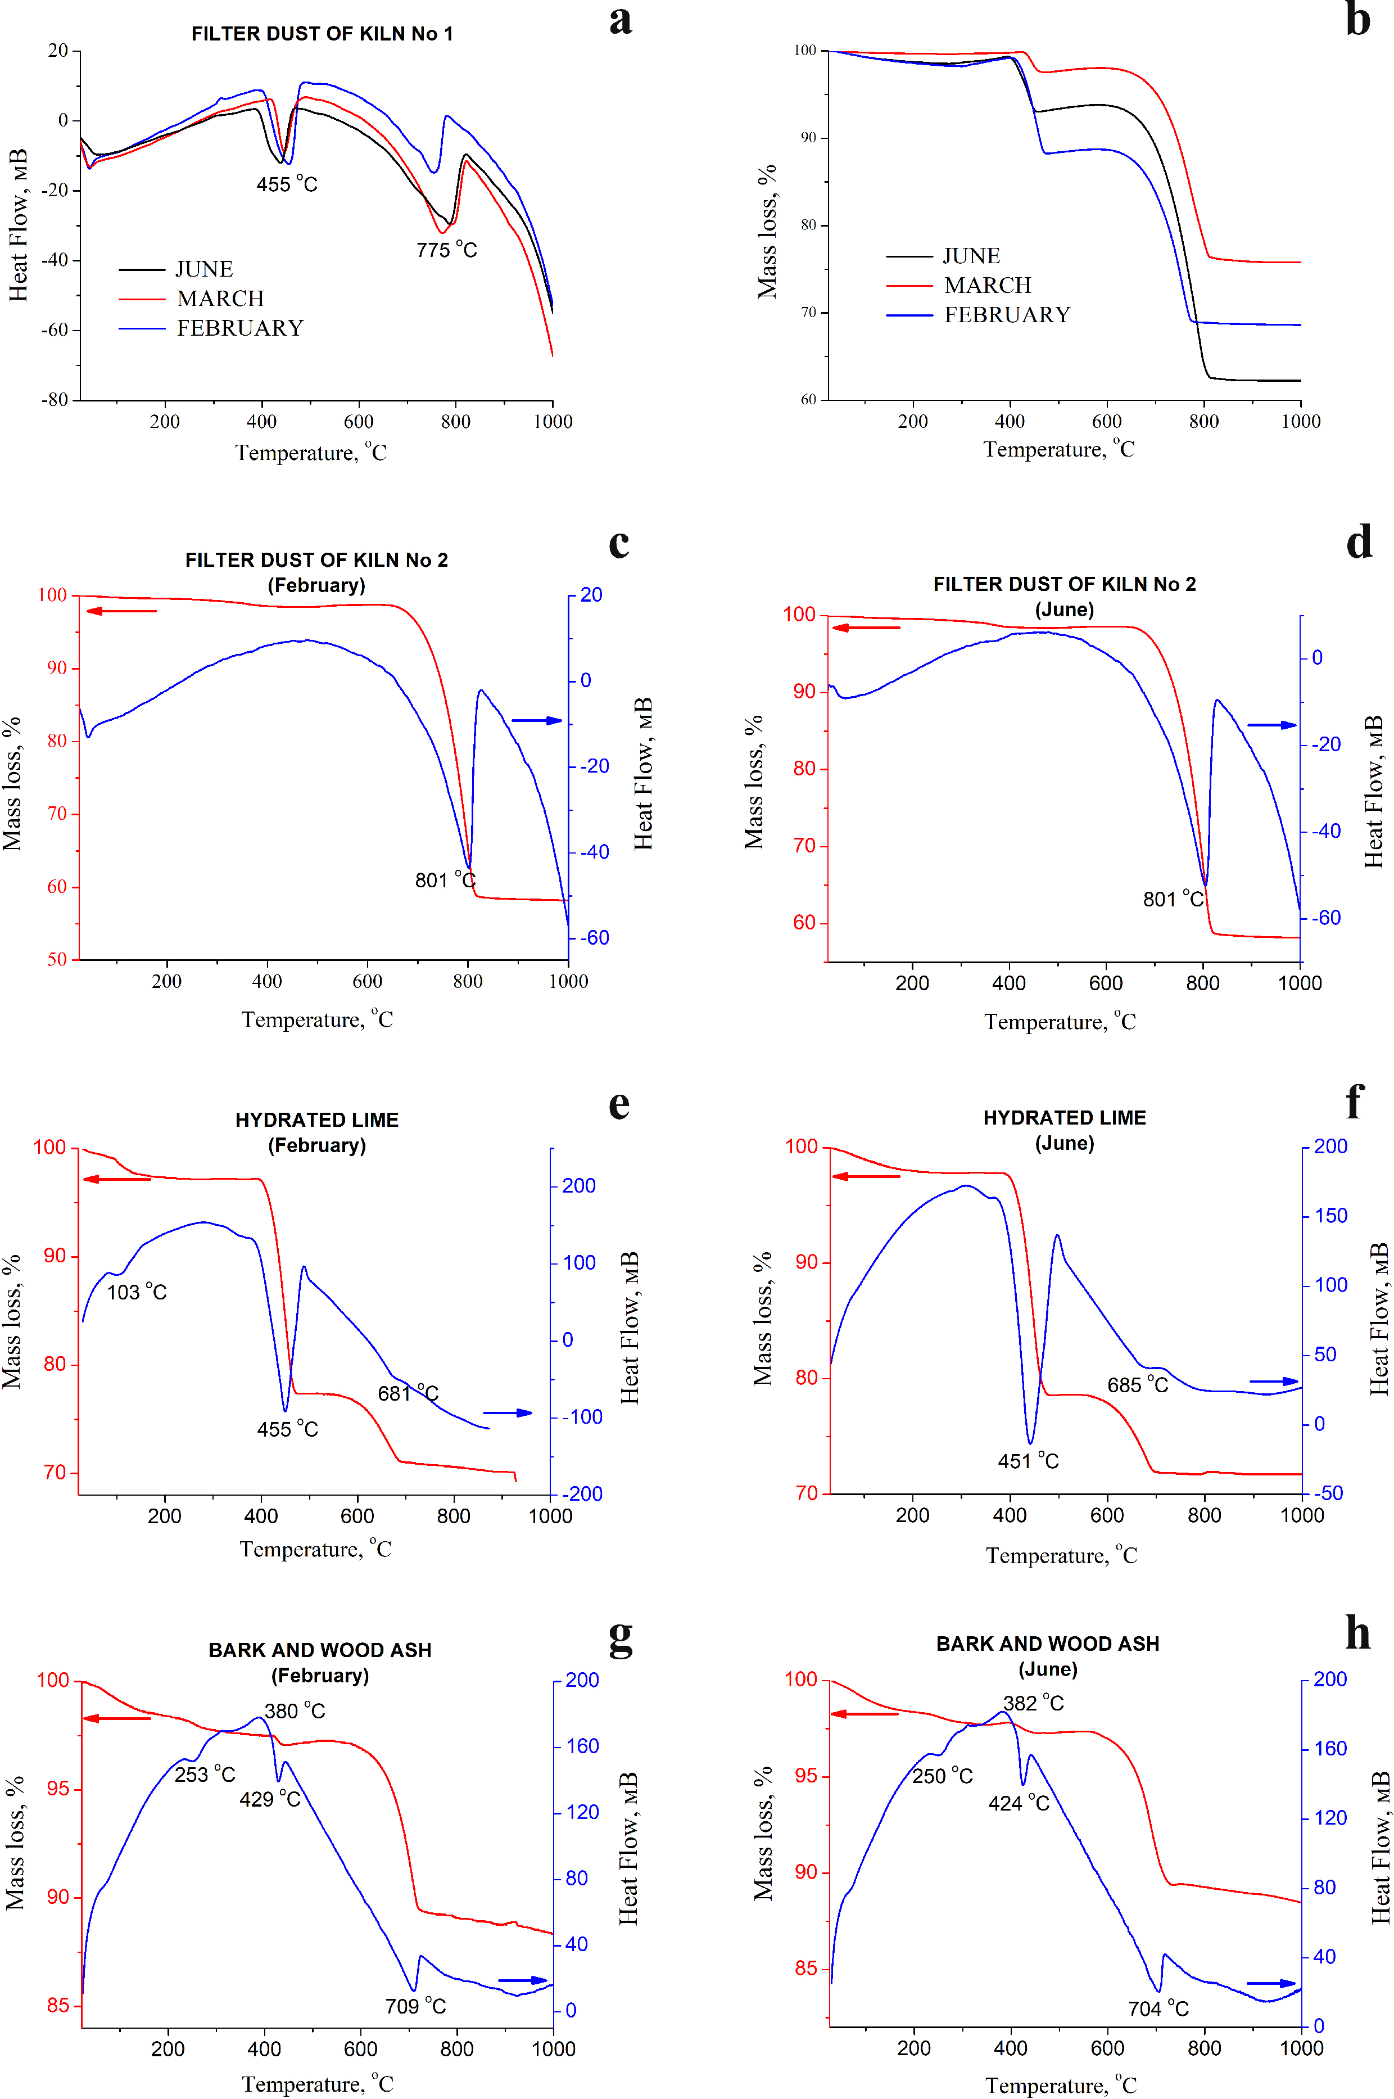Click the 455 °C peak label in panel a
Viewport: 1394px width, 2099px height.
[x=286, y=184]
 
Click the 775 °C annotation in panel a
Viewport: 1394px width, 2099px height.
[x=446, y=250]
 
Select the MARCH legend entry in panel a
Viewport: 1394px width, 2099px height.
[x=220, y=299]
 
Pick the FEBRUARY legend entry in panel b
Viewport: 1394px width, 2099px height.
[x=1006, y=315]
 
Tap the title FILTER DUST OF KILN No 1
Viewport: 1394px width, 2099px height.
[x=322, y=34]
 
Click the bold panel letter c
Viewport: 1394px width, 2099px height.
[x=619, y=543]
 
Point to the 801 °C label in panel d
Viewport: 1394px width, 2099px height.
[x=1173, y=899]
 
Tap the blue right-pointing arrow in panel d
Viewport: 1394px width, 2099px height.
[x=1271, y=725]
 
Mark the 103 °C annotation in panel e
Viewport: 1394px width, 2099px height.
[x=137, y=1292]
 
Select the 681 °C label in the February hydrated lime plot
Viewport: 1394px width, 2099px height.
[x=408, y=1393]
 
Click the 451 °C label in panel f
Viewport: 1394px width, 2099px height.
[x=1028, y=1460]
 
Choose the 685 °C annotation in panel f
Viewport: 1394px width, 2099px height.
[x=1137, y=1385]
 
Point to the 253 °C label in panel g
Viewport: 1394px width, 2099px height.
[x=205, y=1775]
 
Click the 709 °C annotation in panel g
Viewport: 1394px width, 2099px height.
[x=415, y=2006]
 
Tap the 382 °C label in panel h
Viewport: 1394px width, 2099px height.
[x=1033, y=1703]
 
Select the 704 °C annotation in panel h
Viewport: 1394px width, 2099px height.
[x=1157, y=2008]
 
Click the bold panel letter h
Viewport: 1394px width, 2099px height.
[x=1357, y=1633]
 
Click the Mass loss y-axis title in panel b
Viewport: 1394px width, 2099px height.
[x=766, y=231]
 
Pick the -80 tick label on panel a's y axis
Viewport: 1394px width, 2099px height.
[x=55, y=400]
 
